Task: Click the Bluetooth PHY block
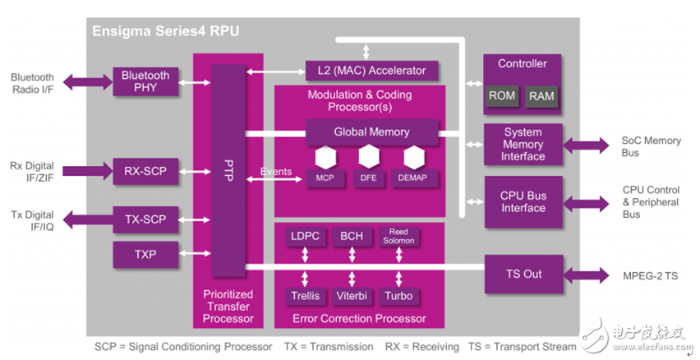pos(145,81)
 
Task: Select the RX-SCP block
pos(145,171)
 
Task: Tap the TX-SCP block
pos(145,219)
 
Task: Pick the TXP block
pos(145,255)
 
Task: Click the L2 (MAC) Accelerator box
pos(371,71)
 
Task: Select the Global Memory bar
pos(371,132)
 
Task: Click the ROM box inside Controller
pos(501,95)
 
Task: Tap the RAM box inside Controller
pos(541,95)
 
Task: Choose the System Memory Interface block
pos(523,144)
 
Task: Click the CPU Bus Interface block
pos(523,201)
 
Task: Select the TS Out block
pos(523,274)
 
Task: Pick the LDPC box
pos(305,237)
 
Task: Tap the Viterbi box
pos(352,295)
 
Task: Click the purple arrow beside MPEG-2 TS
pos(584,274)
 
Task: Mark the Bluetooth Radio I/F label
pos(32,83)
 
